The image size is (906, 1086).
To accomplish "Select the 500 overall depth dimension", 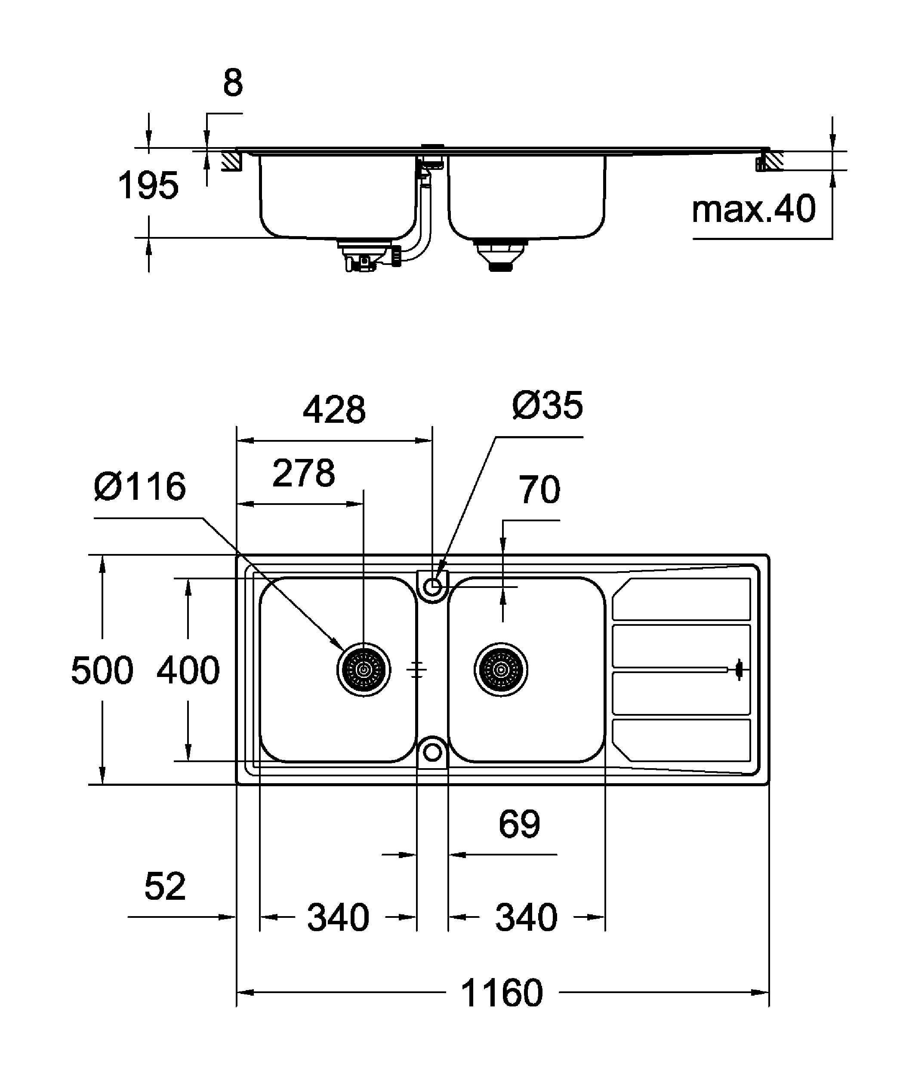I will tap(102, 670).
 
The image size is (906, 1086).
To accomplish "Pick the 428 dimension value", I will tap(334, 410).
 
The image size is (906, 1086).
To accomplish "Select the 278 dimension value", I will tap(304, 473).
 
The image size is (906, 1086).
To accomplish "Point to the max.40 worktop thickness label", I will tap(753, 209).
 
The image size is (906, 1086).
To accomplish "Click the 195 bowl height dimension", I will tap(148, 186).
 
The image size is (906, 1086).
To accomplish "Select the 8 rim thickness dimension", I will tap(233, 83).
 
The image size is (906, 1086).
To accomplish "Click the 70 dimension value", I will tap(539, 490).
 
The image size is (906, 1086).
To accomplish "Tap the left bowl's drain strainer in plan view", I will tap(364, 670).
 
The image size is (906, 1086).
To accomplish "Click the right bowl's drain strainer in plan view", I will tap(501, 670).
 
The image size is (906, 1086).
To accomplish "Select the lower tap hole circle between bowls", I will tap(433, 752).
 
